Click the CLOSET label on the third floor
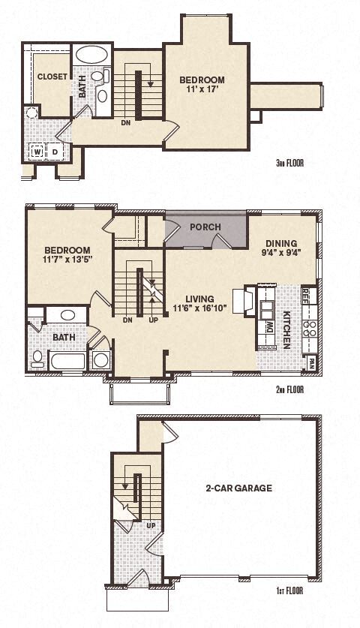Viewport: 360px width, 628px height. click(52, 76)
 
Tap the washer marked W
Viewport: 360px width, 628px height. click(37, 151)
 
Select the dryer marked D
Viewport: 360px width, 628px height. click(55, 151)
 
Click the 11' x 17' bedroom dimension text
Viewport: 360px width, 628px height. click(202, 92)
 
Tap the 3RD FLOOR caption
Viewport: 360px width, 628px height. click(289, 162)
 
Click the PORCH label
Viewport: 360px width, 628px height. click(204, 227)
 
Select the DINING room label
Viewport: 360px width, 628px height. click(281, 243)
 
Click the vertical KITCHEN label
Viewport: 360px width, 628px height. click(287, 330)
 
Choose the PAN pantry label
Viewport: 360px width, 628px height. click(310, 362)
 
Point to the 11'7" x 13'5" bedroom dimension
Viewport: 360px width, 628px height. click(67, 261)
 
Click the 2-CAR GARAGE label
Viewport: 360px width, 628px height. click(238, 488)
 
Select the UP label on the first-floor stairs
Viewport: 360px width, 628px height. click(148, 525)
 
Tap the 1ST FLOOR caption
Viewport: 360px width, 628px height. click(289, 593)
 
